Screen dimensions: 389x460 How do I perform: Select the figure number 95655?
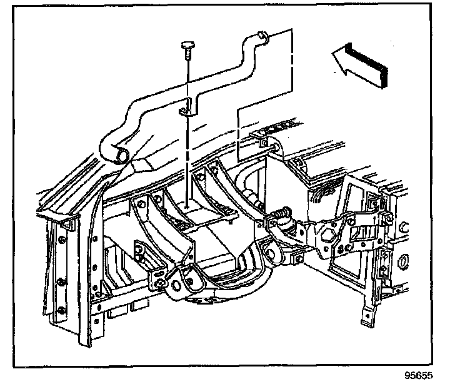coord(417,376)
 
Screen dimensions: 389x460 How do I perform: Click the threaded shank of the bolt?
coord(188,56)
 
